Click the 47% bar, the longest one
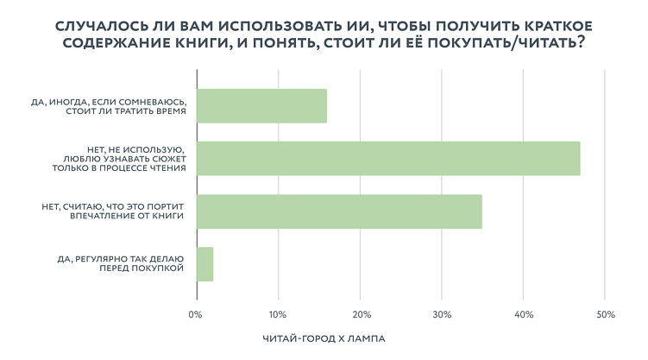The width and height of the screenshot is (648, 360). tap(388, 158)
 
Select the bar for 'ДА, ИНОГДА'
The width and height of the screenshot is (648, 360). tap(261, 105)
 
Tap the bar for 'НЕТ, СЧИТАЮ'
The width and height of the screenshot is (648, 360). tap(339, 212)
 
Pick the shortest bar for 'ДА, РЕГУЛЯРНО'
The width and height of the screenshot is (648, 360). tap(204, 264)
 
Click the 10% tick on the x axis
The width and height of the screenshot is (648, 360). tap(278, 314)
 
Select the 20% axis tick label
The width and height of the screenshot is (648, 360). tap(361, 314)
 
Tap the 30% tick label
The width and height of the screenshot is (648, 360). tap(442, 314)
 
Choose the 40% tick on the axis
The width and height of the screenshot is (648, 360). tap(524, 314)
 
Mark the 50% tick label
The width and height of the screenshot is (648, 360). tap(605, 314)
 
